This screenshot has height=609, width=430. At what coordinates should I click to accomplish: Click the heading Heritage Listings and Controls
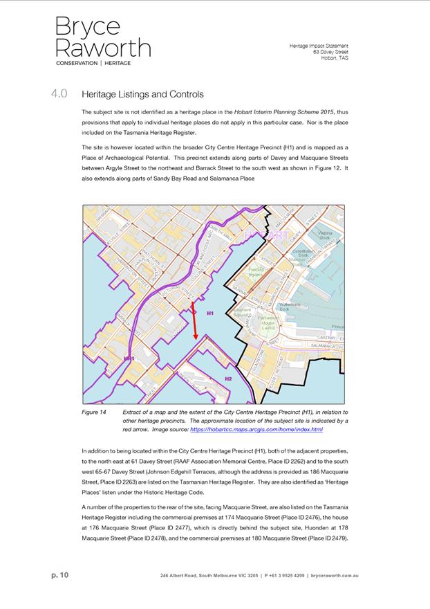[x=142, y=94]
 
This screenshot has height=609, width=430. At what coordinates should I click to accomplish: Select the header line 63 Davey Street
[x=330, y=52]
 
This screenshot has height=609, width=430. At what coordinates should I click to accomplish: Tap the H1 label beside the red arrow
[x=211, y=313]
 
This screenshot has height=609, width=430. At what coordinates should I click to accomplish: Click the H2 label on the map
[x=228, y=379]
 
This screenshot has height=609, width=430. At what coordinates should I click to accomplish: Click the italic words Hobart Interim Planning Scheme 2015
[x=276, y=111]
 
